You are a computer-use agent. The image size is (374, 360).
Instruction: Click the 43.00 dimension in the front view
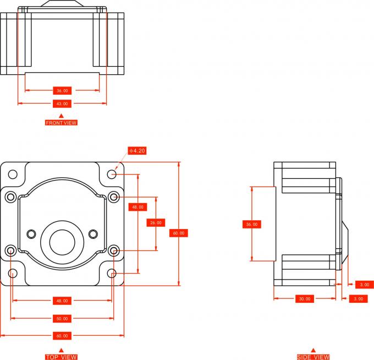62,103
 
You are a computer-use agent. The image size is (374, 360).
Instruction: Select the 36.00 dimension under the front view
62,90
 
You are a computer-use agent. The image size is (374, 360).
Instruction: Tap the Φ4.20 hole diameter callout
137,150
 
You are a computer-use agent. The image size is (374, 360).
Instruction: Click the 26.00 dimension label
156,222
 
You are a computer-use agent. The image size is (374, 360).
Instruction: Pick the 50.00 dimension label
62,319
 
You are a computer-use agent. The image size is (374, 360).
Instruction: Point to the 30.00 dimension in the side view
304,299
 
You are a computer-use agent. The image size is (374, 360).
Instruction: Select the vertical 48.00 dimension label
137,207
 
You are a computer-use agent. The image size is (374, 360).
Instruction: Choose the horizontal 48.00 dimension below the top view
62,301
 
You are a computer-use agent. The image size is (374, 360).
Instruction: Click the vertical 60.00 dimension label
179,233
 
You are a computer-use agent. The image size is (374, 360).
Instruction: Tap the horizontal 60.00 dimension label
62,335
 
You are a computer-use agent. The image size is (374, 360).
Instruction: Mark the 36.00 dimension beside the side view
252,224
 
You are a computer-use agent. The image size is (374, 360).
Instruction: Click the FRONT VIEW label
61,123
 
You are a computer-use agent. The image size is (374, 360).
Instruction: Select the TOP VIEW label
61,357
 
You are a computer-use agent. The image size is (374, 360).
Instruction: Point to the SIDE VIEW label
313,357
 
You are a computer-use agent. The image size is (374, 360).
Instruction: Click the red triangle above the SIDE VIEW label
313,350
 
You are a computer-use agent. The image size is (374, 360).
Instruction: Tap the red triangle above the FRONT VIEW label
61,115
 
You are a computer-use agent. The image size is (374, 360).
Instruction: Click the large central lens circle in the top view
62,241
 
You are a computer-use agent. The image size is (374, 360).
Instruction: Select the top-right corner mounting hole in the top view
112,174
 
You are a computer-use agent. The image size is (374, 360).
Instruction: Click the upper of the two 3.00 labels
363,285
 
